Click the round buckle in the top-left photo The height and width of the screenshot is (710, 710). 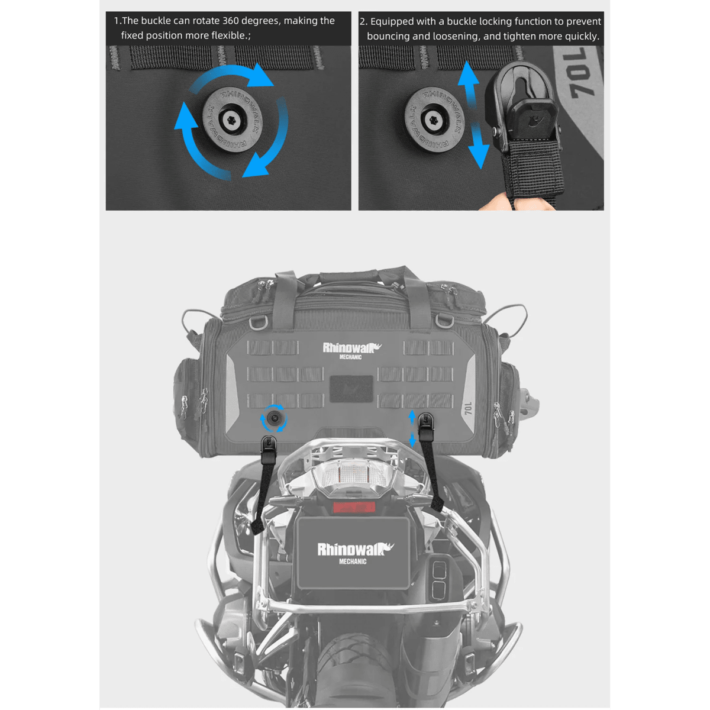pyautogui.click(x=233, y=121)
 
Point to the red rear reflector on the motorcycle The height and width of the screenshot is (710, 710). pyautogui.click(x=353, y=507)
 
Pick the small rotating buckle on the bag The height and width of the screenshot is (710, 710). pyautogui.click(x=274, y=418)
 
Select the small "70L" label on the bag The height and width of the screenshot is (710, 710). pyautogui.click(x=468, y=408)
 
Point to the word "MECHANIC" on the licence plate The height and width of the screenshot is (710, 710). pyautogui.click(x=353, y=561)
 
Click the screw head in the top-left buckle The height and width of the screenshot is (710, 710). pyautogui.click(x=233, y=121)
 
